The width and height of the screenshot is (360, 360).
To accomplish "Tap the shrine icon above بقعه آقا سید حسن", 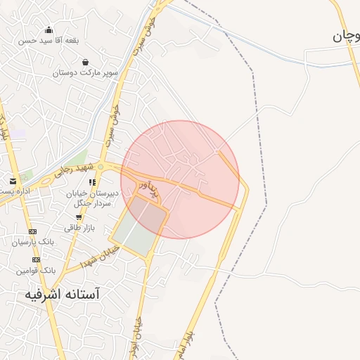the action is click(x=49, y=30).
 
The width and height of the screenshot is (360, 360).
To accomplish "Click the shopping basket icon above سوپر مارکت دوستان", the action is click(x=85, y=62).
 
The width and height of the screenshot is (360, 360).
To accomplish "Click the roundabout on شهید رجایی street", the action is click(x=101, y=167).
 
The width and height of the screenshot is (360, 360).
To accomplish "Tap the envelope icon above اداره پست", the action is click(x=13, y=181).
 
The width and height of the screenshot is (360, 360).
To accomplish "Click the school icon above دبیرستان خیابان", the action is click(x=92, y=182).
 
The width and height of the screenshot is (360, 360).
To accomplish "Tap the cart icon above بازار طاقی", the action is click(x=78, y=217).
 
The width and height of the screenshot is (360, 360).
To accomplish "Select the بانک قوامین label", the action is click(x=37, y=270).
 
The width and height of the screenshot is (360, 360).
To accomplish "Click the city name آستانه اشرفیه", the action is click(x=63, y=293).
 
